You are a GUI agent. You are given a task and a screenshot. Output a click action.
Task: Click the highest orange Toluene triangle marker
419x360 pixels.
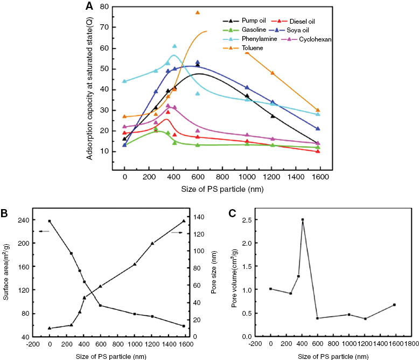click(x=198, y=12)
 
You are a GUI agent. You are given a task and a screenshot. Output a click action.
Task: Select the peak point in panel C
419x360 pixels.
click(x=303, y=220)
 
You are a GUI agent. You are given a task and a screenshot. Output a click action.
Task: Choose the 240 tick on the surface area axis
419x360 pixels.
click(x=26, y=220)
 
